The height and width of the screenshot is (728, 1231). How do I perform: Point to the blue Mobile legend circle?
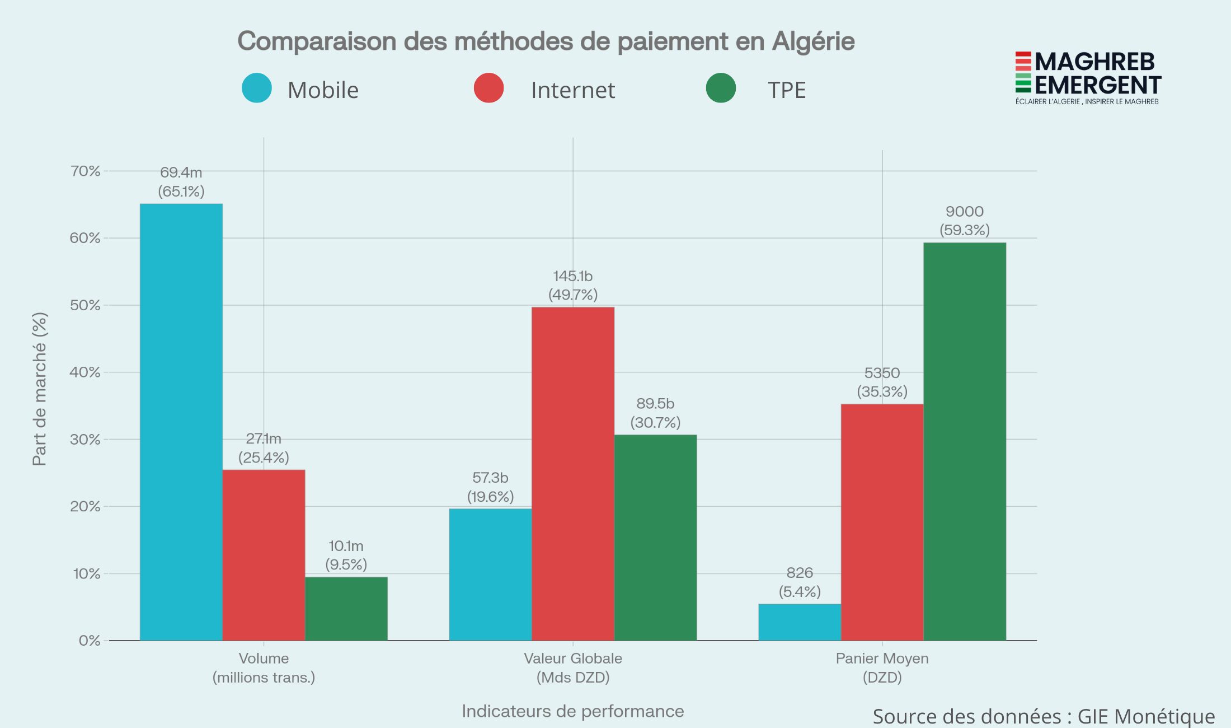click(x=257, y=88)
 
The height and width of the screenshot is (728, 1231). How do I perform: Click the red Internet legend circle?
click(x=488, y=88)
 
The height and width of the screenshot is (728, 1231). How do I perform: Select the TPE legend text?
click(x=786, y=90)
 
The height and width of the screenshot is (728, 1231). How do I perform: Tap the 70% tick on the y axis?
click(x=85, y=171)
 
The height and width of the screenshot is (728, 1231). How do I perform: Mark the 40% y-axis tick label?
click(x=85, y=372)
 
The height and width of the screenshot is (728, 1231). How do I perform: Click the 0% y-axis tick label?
click(x=90, y=640)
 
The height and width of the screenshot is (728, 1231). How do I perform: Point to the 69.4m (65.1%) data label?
click(x=181, y=182)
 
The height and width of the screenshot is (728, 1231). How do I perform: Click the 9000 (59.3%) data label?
click(x=964, y=221)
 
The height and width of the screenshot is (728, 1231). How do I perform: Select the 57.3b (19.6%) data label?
click(x=490, y=487)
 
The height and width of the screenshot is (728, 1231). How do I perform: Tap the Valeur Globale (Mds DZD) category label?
click(x=572, y=668)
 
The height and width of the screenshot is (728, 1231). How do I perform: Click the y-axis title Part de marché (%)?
click(x=39, y=389)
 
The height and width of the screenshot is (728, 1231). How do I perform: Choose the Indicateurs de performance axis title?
click(x=572, y=711)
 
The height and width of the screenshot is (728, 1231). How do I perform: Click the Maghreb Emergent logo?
click(x=1088, y=77)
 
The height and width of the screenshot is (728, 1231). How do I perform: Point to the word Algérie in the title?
click(x=813, y=41)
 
